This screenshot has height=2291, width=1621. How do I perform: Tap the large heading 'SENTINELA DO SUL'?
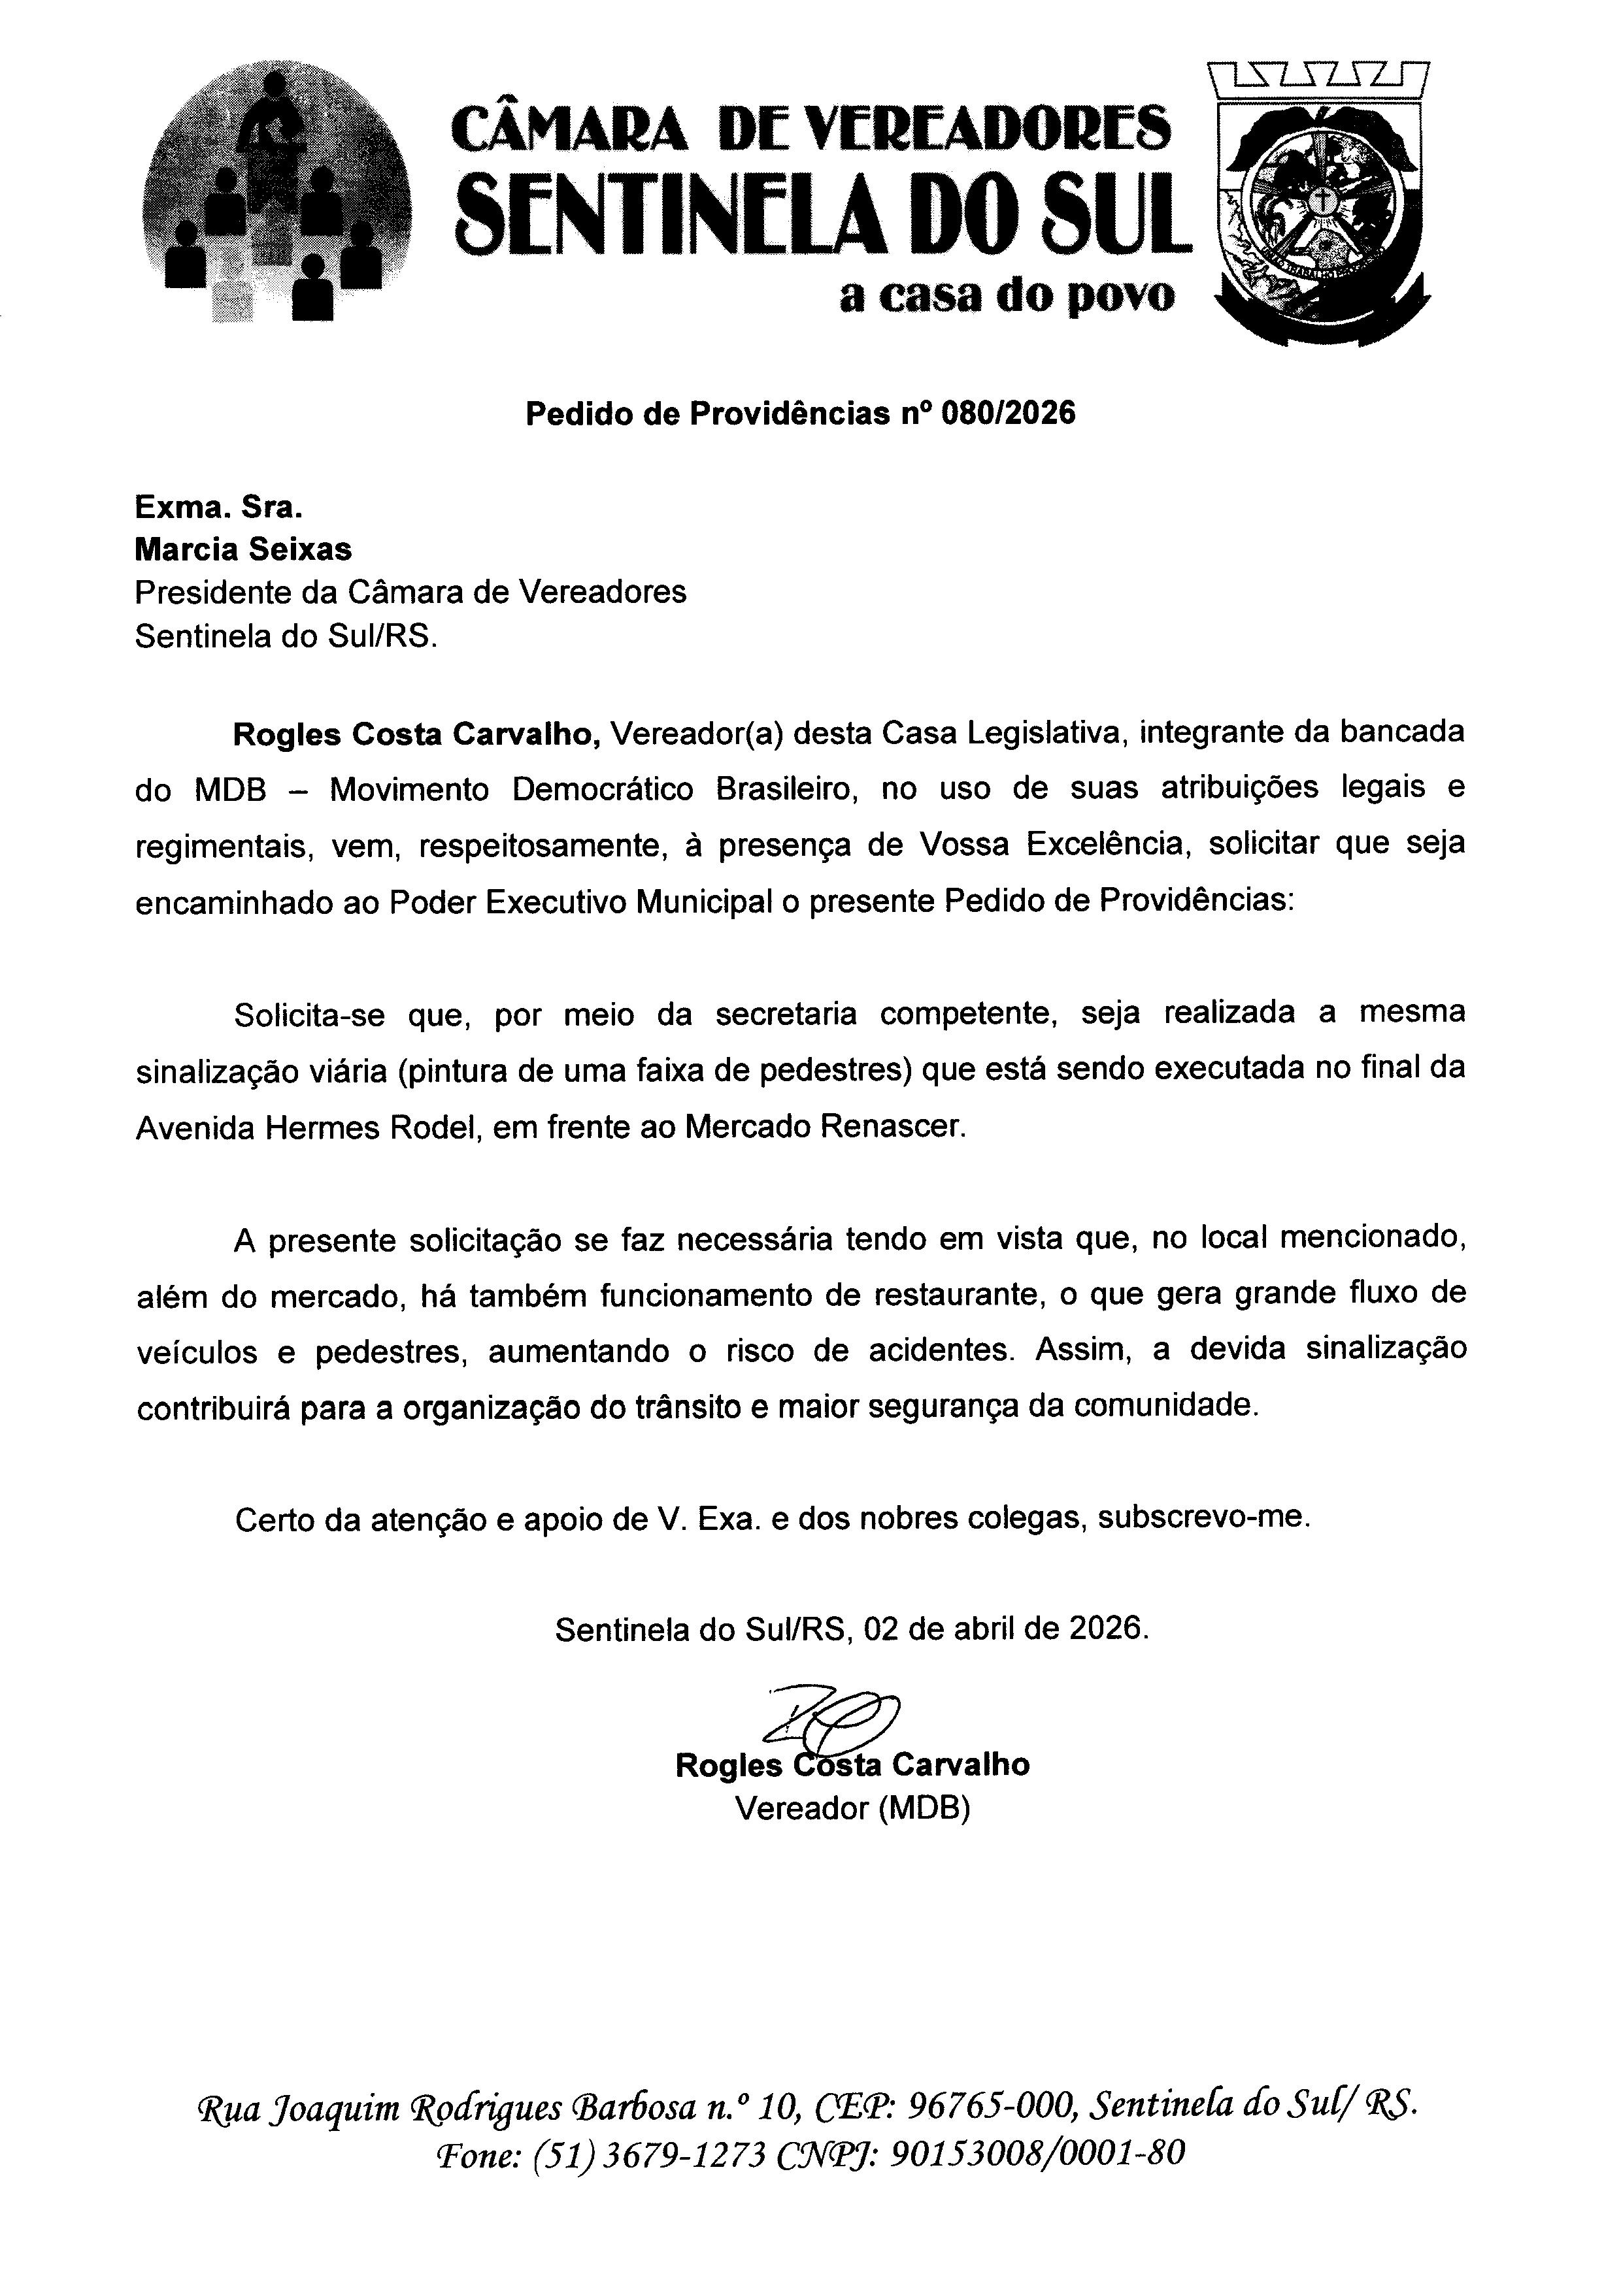[824, 212]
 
